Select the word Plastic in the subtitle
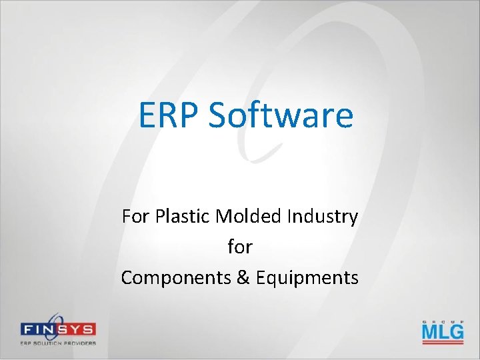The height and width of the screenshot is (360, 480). click(x=177, y=217)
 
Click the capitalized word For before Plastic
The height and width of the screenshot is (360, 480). click(x=135, y=217)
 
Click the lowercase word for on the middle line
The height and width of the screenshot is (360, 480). click(x=240, y=247)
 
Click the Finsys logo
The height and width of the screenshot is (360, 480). click(x=57, y=330)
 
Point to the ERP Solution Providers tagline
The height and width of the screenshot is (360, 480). click(x=57, y=343)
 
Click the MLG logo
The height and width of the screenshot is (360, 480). click(x=442, y=331)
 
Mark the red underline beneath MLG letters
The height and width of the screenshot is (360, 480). click(x=442, y=342)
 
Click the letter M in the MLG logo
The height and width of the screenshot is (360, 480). click(x=430, y=331)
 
